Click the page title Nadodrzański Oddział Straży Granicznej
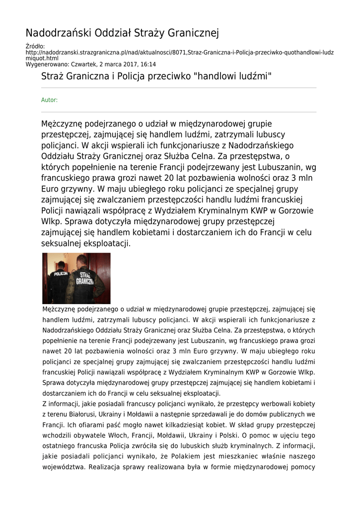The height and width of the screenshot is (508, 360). click(x=122, y=34)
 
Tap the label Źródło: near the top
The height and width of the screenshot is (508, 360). click(x=35, y=47)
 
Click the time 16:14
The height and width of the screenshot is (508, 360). click(x=148, y=64)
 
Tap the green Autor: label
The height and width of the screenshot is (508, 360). click(x=49, y=100)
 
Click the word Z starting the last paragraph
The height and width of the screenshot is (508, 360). click(x=44, y=404)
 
